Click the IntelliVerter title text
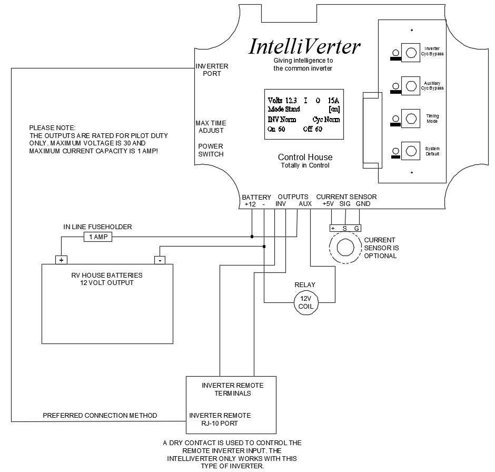point(304,47)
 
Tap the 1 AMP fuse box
point(97,238)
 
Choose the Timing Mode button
point(409,117)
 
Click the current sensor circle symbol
point(345,248)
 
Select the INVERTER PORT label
point(212,70)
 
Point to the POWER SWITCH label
point(211,150)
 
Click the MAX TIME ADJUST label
point(211,127)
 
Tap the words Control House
point(305,158)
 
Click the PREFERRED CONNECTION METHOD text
point(100,416)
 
